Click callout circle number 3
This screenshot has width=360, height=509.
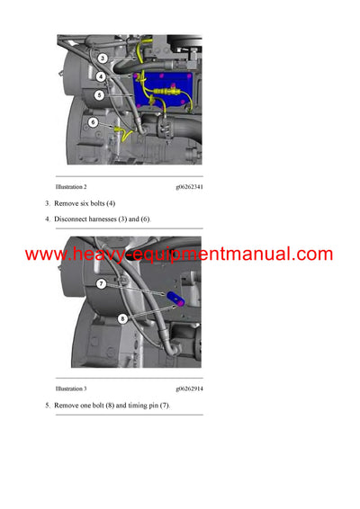pos(102,58)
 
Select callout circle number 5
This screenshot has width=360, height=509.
pos(100,94)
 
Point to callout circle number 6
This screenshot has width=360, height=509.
pos(92,121)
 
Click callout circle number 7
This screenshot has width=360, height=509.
pos(102,283)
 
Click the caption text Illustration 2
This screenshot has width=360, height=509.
pos(71,186)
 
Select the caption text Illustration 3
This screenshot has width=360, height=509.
pos(71,388)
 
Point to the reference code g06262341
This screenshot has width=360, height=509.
pos(189,186)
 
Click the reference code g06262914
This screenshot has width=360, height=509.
pos(189,388)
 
